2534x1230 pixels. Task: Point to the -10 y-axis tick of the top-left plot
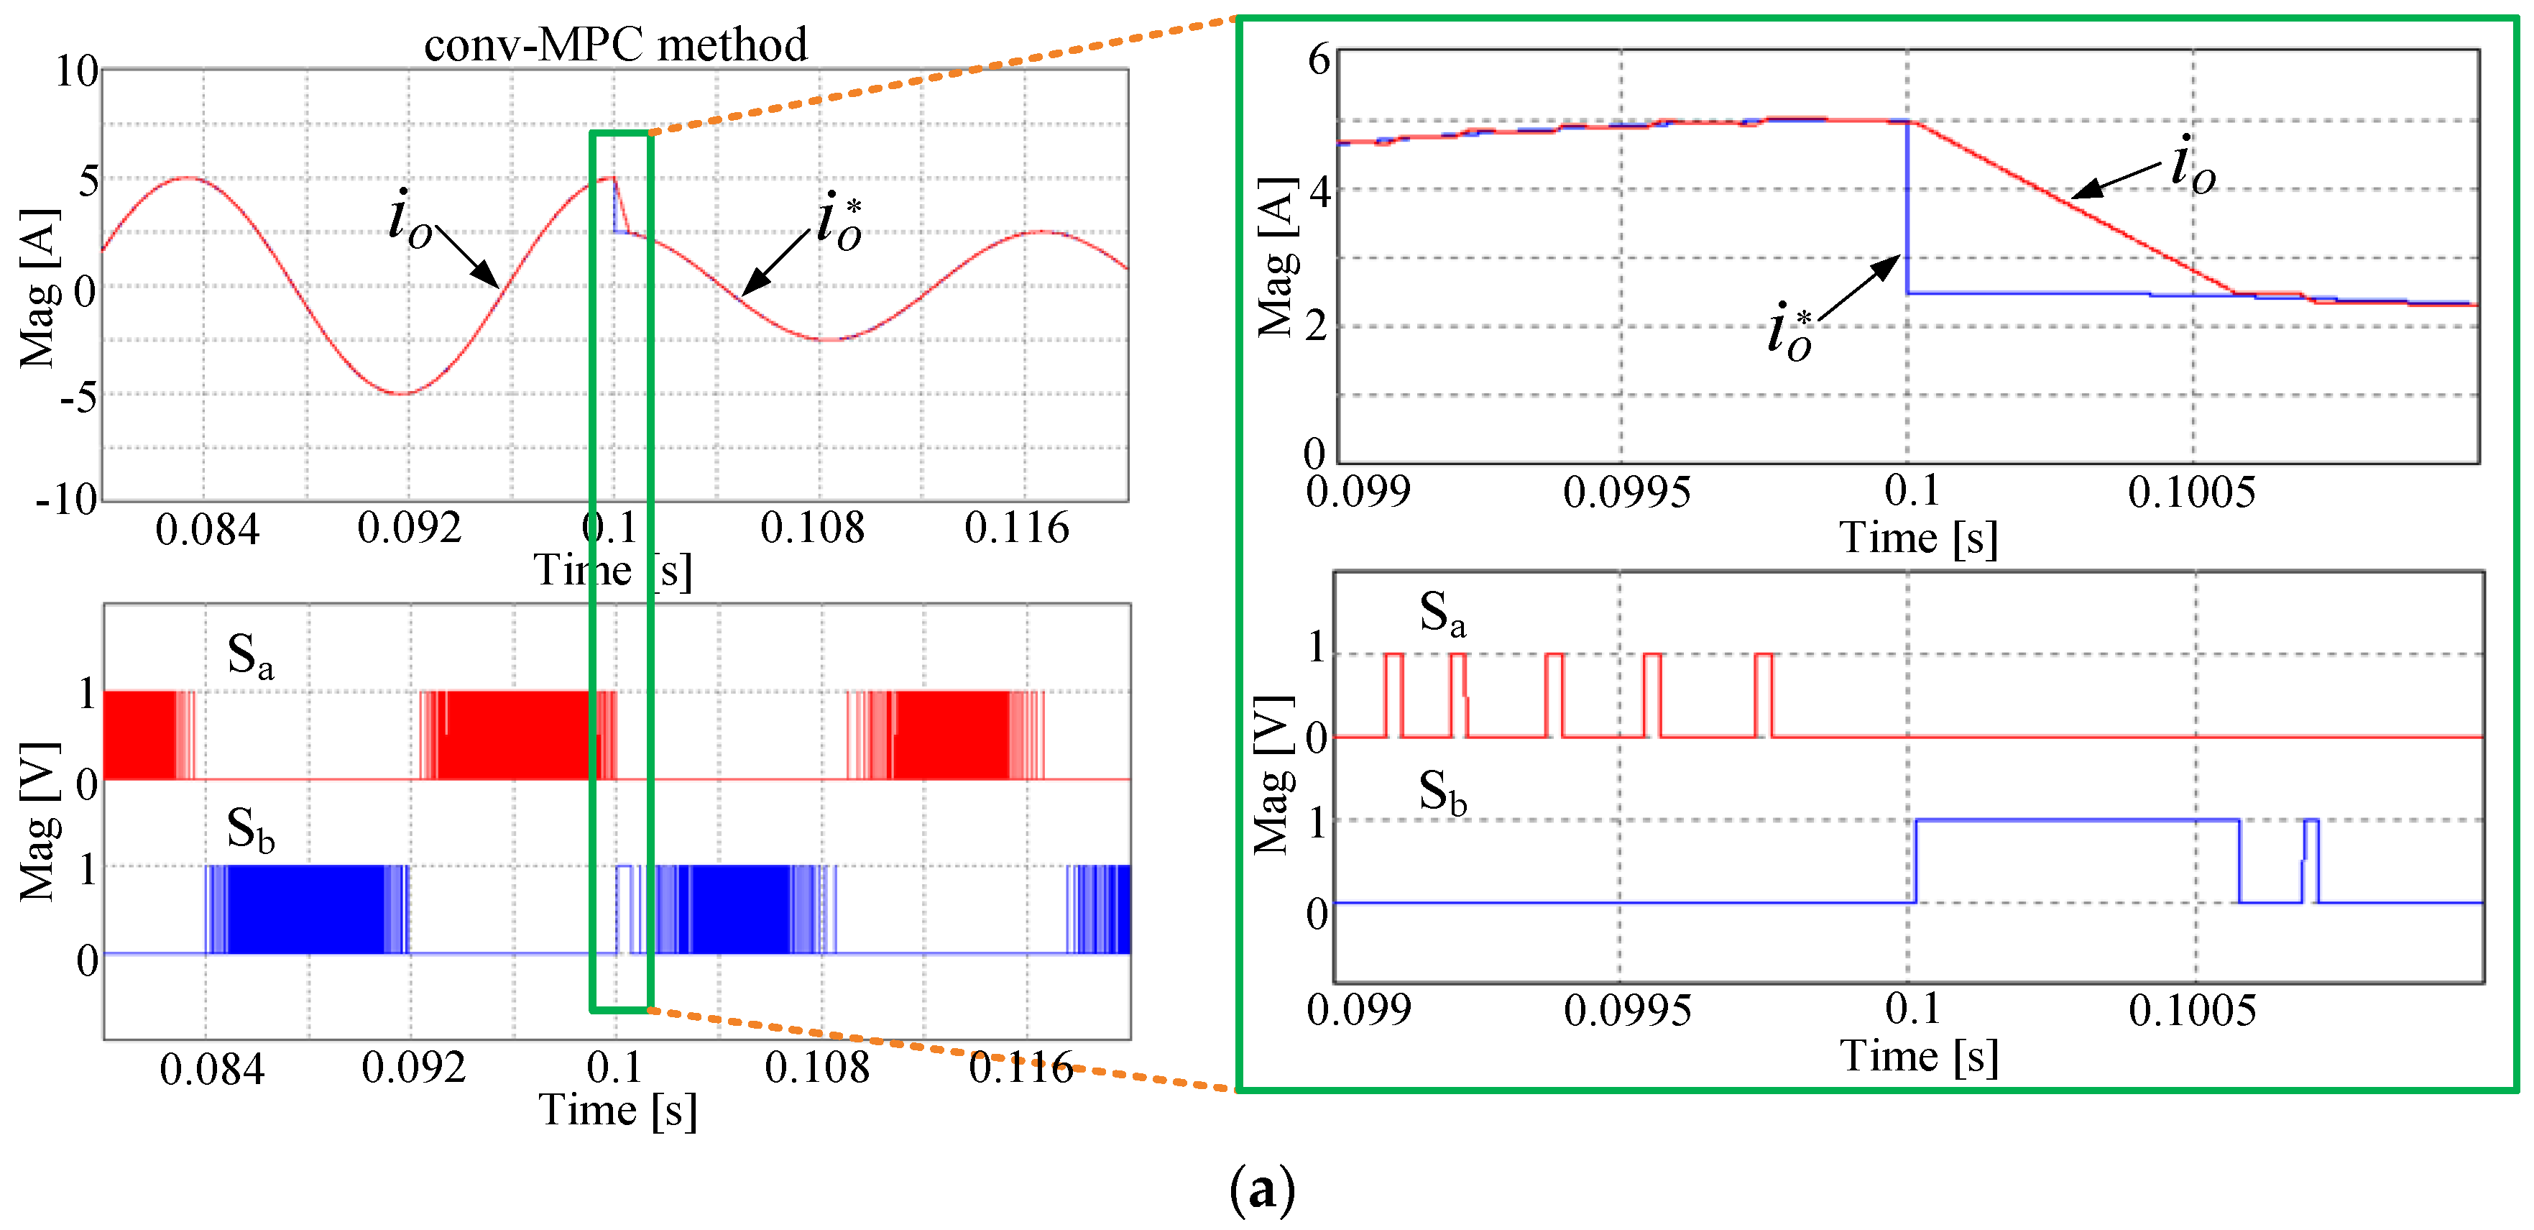(x=68, y=500)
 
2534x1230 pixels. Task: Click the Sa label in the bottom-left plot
(x=250, y=656)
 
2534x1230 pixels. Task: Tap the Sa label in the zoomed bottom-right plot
(x=1442, y=614)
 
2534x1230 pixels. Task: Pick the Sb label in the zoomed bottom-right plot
(x=1442, y=793)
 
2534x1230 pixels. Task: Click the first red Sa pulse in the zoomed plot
(x=1394, y=694)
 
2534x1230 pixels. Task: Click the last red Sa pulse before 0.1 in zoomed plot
(x=1764, y=694)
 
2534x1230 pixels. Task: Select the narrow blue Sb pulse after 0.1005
(x=2310, y=859)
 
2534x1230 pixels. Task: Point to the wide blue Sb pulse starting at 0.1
(x=2075, y=821)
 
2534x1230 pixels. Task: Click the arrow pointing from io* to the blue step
(x=1859, y=288)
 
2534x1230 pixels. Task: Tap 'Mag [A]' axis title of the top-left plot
(x=40, y=288)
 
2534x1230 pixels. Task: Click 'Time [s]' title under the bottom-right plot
(x=1918, y=1057)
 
